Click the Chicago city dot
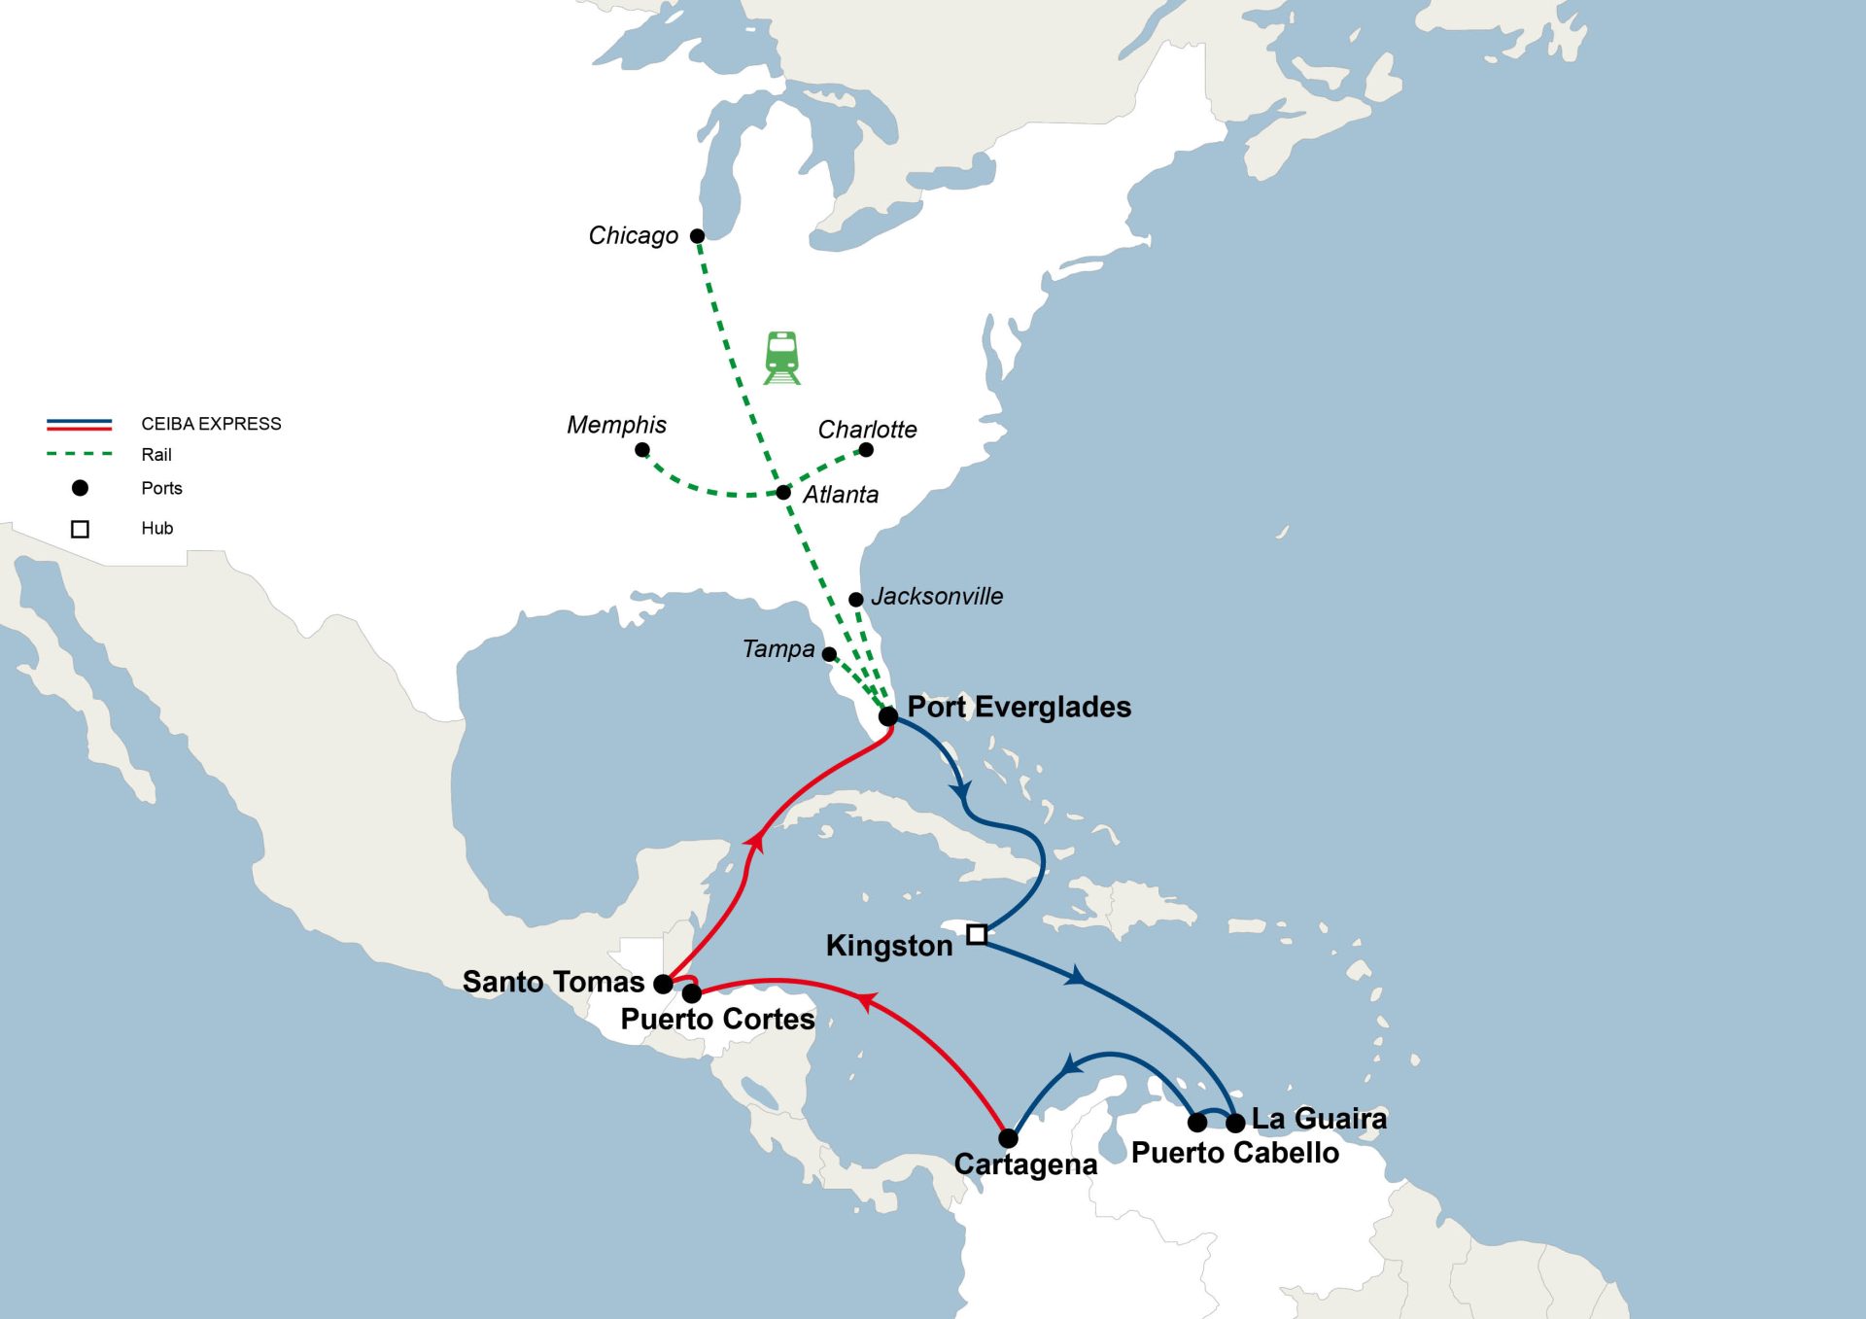[697, 236]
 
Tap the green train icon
[782, 358]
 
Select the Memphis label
[616, 425]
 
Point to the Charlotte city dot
[866, 450]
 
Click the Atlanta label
[840, 495]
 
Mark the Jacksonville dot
[855, 600]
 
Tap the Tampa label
[777, 649]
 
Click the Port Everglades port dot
[887, 716]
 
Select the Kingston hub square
[977, 934]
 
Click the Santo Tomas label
[552, 982]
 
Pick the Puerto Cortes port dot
[692, 993]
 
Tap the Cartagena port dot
[1008, 1138]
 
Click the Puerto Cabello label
[1234, 1153]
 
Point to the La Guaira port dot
[1235, 1123]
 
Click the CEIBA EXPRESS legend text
[211, 424]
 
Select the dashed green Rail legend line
[80, 454]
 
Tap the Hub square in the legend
[80, 529]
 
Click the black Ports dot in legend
[80, 488]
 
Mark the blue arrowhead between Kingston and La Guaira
[1075, 976]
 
